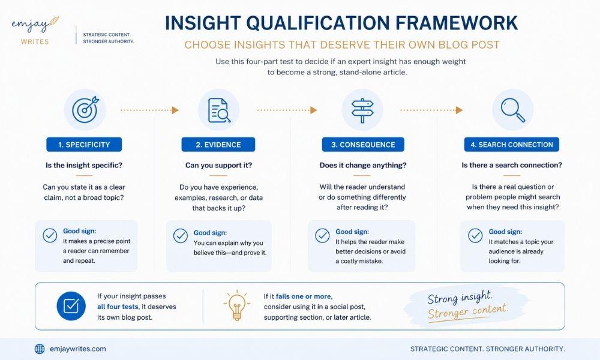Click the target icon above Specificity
pos(85,110)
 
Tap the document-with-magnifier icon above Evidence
pos(219,110)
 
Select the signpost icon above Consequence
pos(362,110)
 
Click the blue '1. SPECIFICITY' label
pos(84,145)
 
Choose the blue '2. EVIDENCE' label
pos(218,145)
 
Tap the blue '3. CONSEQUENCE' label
pos(363,145)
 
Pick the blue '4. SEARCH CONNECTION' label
pos(512,145)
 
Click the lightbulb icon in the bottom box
pos(237,305)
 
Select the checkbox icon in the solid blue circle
pos(71,306)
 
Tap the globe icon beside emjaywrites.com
pos(40,349)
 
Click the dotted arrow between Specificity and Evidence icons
pos(149,110)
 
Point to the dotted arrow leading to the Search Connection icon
pos(431,110)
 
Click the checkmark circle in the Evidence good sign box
pos(180,236)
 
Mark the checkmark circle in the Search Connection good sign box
pos(475,236)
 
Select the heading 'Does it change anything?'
pos(363,165)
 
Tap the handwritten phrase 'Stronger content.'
pos(468,311)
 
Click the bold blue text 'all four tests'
pos(118,307)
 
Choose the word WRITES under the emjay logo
pos(35,42)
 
